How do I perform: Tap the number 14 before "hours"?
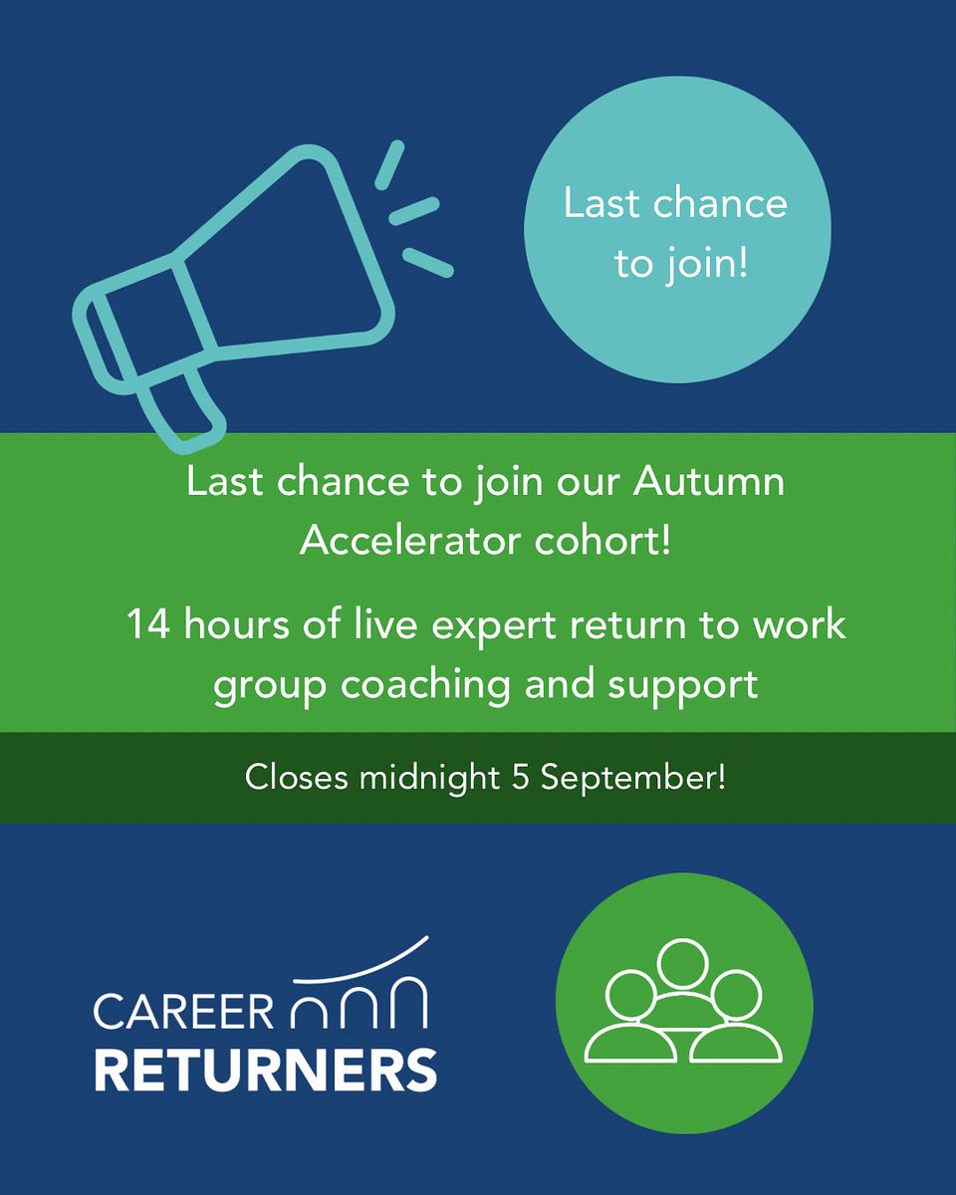pyautogui.click(x=144, y=626)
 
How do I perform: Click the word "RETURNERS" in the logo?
pyautogui.click(x=266, y=1069)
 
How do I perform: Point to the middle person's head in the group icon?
pyautogui.click(x=683, y=964)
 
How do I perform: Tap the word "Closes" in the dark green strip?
pyautogui.click(x=296, y=778)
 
